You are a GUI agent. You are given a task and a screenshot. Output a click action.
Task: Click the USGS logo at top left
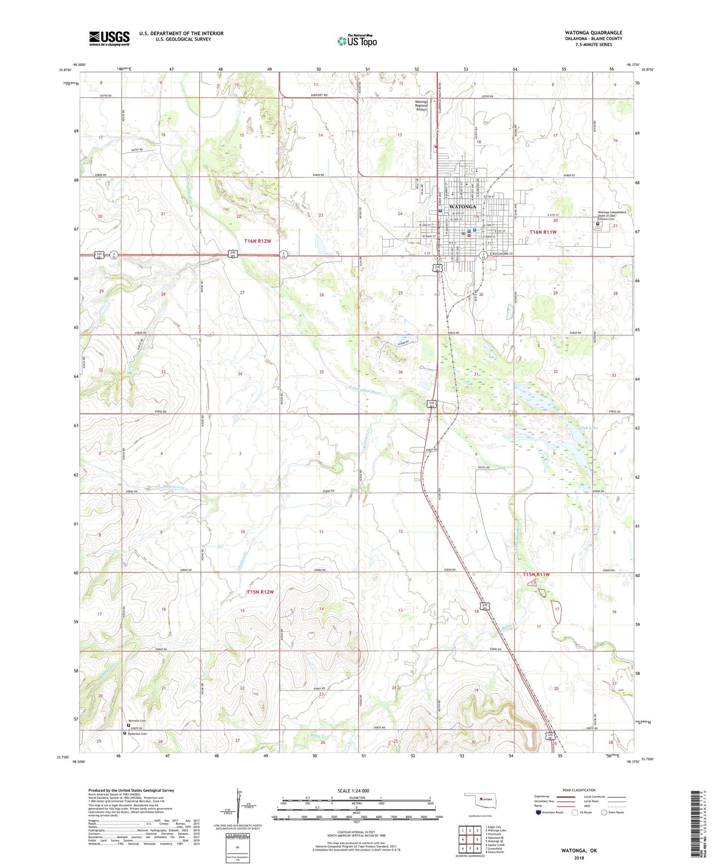[x=109, y=38]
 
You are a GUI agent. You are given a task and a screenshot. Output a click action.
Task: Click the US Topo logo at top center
[x=357, y=41]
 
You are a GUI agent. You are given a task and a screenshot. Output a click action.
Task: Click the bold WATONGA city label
[x=462, y=206]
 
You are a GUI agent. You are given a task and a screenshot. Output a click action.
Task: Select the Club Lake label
[x=588, y=428]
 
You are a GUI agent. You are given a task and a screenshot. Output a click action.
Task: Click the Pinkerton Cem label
[x=137, y=734]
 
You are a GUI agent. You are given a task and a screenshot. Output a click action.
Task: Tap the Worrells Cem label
[x=137, y=721]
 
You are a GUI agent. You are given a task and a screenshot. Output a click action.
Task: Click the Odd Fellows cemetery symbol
[x=597, y=224]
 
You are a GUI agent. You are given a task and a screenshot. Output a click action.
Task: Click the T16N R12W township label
[x=257, y=241]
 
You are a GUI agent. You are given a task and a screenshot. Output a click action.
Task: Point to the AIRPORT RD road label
[x=319, y=95]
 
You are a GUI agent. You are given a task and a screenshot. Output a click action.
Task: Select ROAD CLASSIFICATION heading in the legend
[x=579, y=790]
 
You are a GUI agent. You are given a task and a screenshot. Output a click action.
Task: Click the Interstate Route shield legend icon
[x=539, y=812]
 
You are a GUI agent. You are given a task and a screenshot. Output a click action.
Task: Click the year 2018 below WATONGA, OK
[x=579, y=858]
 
